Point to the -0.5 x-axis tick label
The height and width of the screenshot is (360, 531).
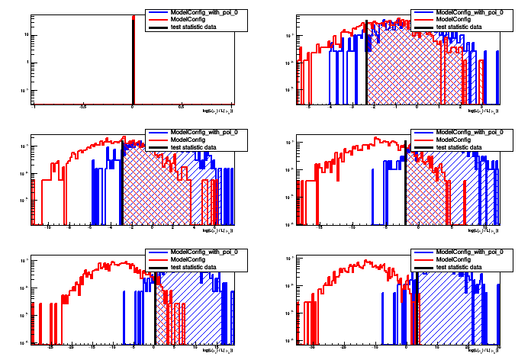click(x=83, y=108)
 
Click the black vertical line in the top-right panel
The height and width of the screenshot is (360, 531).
click(x=367, y=69)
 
